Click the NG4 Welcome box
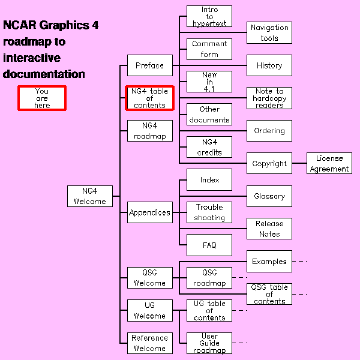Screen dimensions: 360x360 [90, 196]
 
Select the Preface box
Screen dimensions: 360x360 [149, 65]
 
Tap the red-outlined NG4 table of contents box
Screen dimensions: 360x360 [149, 98]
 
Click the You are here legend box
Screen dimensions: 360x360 [41, 98]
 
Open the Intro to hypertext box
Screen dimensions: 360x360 [209, 16]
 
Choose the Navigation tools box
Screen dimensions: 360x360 [269, 32]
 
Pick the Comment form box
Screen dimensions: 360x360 [209, 49]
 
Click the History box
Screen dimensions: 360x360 [269, 65]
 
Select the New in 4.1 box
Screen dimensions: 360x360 [209, 82]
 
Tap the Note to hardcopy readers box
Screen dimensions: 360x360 [269, 98]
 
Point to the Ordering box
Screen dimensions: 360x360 [269, 131]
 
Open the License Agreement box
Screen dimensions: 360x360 [329, 163]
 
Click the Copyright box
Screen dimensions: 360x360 [269, 163]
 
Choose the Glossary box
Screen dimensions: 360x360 [269, 196]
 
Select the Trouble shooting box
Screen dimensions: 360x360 [209, 212]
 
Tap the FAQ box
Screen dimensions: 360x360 [209, 245]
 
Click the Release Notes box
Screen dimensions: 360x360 [269, 229]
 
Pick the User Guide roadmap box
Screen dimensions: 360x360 [209, 343]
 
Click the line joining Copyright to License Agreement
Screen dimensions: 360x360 [299, 163]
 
